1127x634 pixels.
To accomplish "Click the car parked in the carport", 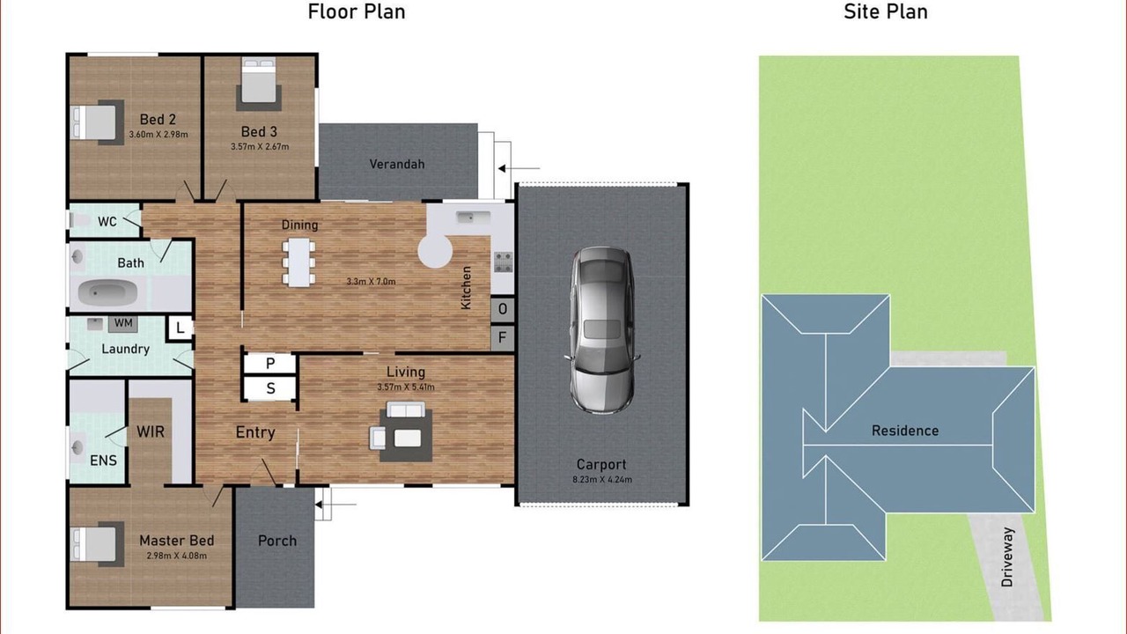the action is [x=601, y=330].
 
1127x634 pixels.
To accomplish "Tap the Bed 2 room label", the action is [x=158, y=119].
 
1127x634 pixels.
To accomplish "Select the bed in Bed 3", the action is [x=259, y=84].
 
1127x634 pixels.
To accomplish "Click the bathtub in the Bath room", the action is [x=108, y=292].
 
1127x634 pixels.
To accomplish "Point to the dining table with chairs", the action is [x=298, y=262].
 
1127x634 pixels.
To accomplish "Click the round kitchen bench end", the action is [x=435, y=252].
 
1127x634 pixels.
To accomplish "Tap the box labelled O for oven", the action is [x=503, y=308].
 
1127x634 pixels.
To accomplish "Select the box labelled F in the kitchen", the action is [x=503, y=337].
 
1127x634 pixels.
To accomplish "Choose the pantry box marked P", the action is [x=270, y=364].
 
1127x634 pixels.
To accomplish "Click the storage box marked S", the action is [x=270, y=388].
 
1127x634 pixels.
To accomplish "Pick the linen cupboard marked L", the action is [x=180, y=328].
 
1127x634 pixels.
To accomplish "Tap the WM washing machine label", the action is [x=123, y=323].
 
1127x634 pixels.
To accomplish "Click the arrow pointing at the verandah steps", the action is [x=519, y=168].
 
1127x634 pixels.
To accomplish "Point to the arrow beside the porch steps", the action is [x=335, y=505].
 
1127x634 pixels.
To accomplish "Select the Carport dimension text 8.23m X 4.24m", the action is [x=602, y=480].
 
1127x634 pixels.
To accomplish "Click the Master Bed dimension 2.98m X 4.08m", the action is [x=177, y=556].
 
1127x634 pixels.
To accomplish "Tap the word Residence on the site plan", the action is [x=905, y=431].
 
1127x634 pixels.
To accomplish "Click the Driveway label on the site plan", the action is [x=1006, y=557].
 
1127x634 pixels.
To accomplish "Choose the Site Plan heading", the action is [x=886, y=11].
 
